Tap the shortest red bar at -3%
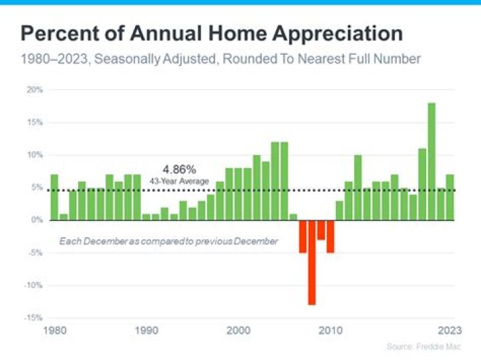(x=321, y=230)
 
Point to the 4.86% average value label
(x=180, y=170)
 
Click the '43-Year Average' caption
(x=180, y=181)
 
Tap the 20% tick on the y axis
(x=35, y=89)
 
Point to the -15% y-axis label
(x=34, y=318)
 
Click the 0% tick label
(x=37, y=220)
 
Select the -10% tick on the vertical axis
(x=34, y=285)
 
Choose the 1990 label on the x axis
(x=146, y=330)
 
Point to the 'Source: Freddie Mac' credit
(x=424, y=347)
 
